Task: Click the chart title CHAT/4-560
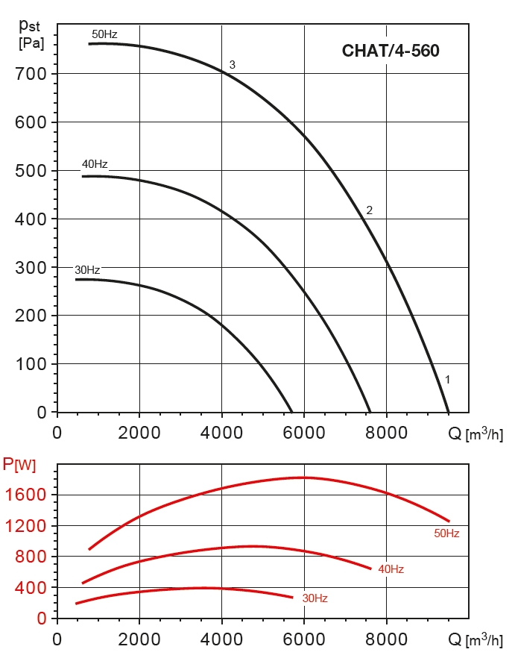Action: click(x=390, y=51)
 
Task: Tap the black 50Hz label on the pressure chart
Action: click(x=104, y=34)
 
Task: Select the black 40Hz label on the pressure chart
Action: click(x=95, y=164)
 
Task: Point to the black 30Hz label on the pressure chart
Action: click(x=87, y=269)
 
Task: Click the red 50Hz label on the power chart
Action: click(x=446, y=533)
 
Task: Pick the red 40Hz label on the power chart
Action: click(x=391, y=569)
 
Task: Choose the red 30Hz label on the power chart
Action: click(x=315, y=598)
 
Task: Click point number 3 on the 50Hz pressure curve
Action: click(x=233, y=65)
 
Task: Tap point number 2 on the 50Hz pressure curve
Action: click(x=369, y=210)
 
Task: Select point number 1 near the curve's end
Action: click(x=447, y=380)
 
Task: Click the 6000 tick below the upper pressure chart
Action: click(x=303, y=432)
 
